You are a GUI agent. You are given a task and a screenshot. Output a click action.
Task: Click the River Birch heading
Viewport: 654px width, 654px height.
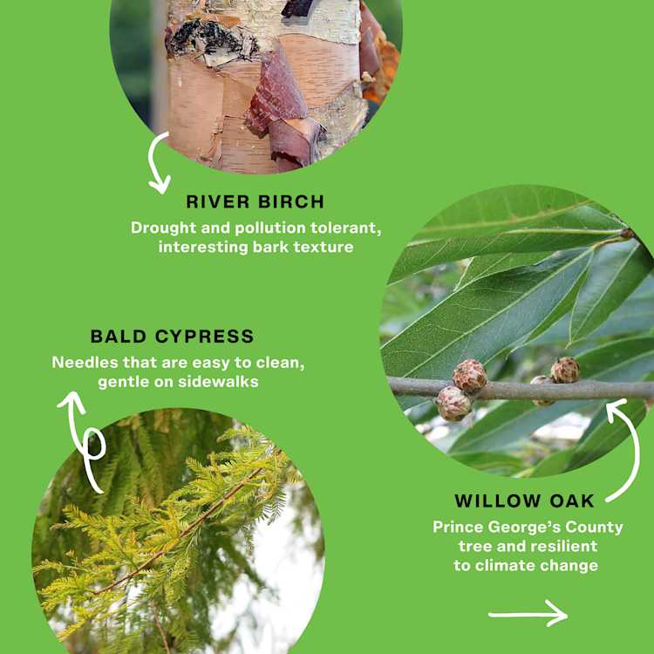255,202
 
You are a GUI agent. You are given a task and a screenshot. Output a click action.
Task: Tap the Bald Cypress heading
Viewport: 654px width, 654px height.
172,337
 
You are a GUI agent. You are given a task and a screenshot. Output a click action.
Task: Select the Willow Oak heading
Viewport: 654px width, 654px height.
525,501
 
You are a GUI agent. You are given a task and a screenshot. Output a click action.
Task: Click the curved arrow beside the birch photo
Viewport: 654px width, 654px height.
158,163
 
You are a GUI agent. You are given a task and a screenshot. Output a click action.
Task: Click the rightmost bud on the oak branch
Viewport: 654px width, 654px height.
565,370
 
